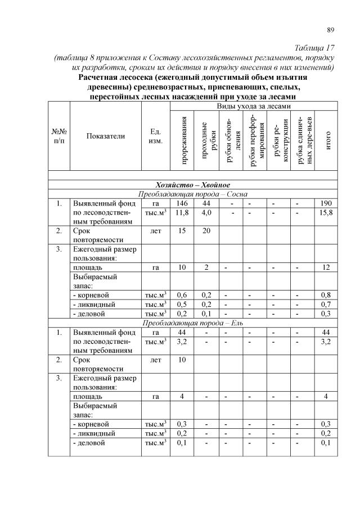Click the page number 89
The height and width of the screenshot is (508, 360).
331,30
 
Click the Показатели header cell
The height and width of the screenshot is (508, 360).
106,135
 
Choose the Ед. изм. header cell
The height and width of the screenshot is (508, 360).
156,135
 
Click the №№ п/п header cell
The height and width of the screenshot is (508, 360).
58,135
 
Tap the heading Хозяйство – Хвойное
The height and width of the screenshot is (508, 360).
192,185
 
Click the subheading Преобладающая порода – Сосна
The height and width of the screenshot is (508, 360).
192,194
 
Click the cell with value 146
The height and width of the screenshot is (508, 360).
182,203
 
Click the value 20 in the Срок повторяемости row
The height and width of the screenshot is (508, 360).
206,230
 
